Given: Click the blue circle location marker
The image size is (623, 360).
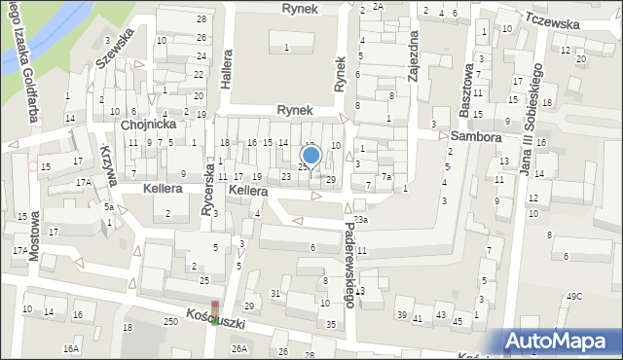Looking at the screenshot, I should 311,155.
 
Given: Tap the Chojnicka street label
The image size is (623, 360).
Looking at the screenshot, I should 147,126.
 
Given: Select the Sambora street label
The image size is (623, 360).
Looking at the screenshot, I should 475,137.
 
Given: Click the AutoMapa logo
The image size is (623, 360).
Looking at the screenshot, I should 560,341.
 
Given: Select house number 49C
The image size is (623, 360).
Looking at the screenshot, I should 574,296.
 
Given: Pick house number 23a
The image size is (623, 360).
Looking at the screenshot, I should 361,221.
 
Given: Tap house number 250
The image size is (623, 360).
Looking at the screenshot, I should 171,322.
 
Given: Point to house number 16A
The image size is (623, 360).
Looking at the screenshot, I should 71,347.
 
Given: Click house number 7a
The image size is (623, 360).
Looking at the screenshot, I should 386,176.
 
